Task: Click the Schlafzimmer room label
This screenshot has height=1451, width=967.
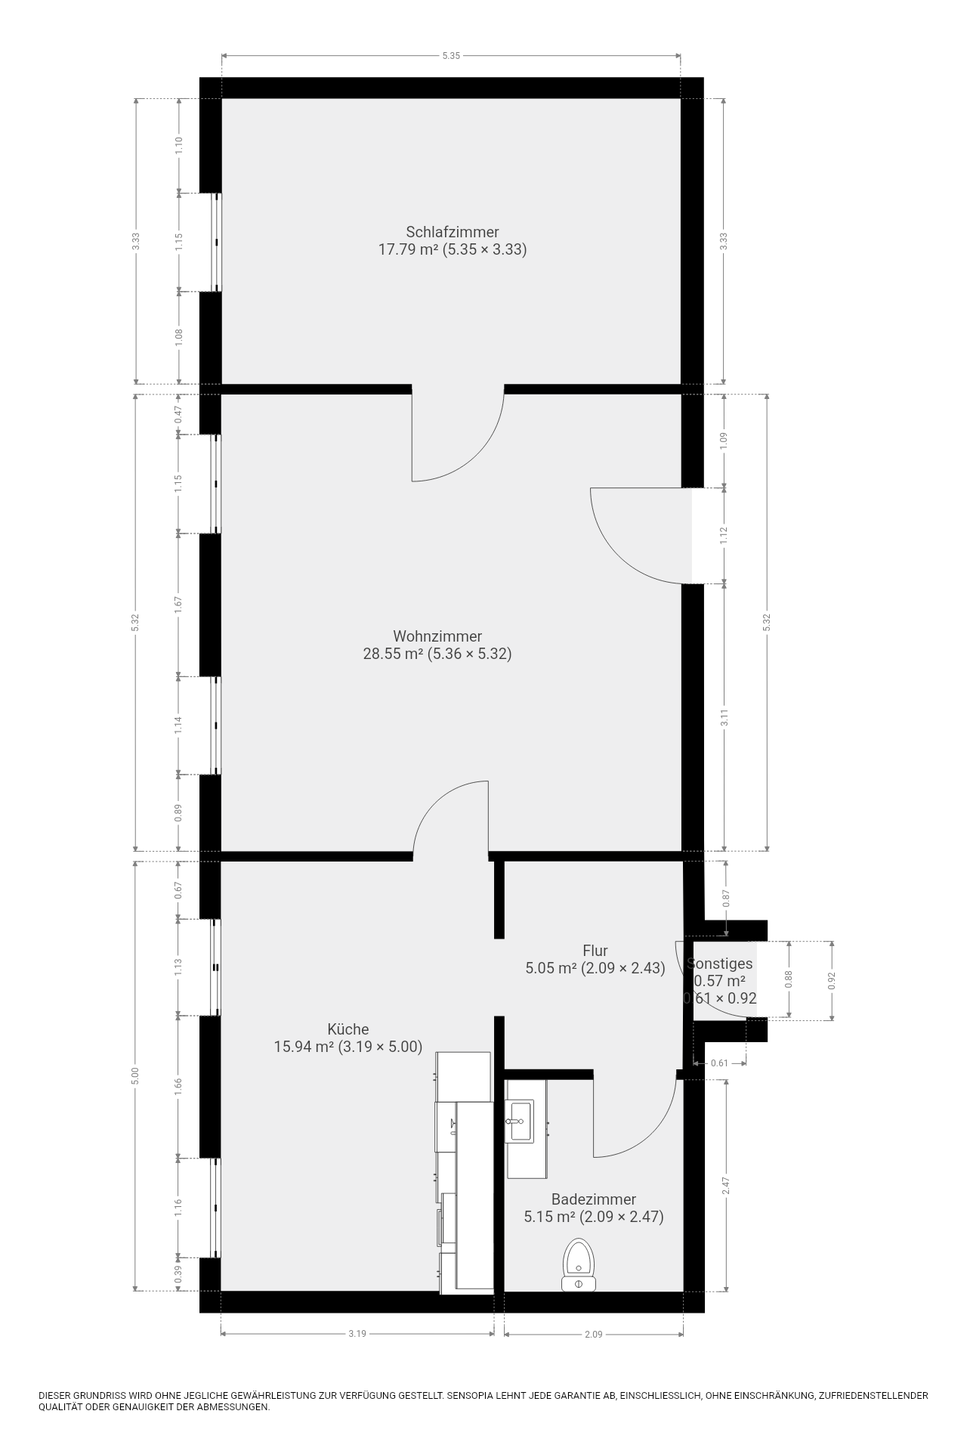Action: click(452, 232)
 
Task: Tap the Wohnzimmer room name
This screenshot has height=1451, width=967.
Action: click(437, 636)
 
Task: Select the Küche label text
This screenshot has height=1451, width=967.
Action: click(348, 1029)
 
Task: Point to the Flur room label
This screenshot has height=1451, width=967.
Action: click(595, 951)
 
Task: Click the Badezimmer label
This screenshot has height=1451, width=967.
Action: click(594, 1199)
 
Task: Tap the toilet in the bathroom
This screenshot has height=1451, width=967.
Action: click(579, 1266)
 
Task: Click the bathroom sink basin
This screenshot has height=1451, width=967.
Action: click(519, 1121)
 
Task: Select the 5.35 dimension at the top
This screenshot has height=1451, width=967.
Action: click(451, 55)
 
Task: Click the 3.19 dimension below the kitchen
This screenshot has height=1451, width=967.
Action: click(357, 1334)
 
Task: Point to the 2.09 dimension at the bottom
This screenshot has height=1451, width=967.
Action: click(594, 1334)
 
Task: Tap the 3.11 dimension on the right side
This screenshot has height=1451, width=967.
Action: click(724, 717)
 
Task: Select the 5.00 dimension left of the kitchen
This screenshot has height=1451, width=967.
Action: click(135, 1075)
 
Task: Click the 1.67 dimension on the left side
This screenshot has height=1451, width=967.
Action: click(179, 604)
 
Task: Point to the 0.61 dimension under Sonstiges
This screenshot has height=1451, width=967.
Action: click(720, 1063)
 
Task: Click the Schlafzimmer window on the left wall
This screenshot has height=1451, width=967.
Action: click(216, 242)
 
